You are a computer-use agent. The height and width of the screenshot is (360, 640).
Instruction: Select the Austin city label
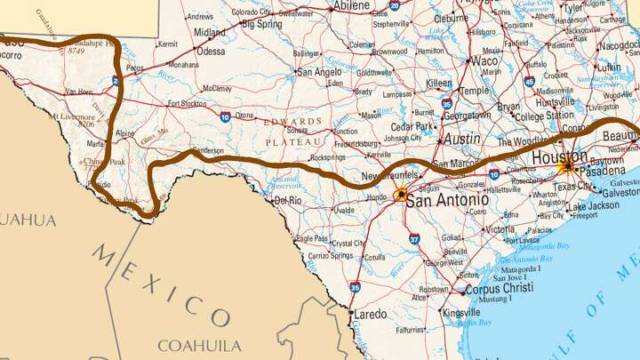(x=462, y=140)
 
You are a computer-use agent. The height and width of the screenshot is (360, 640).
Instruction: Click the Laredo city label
(x=371, y=314)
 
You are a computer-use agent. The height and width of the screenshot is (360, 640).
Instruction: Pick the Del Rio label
(x=289, y=201)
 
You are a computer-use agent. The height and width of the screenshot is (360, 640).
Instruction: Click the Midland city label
(x=210, y=32)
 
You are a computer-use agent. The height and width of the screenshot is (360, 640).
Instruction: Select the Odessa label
(x=211, y=52)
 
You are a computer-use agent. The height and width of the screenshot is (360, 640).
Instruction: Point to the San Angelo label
(x=317, y=71)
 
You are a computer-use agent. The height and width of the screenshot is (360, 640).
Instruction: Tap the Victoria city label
(x=499, y=228)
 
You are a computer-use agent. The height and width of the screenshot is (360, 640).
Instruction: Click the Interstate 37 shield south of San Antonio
(x=414, y=238)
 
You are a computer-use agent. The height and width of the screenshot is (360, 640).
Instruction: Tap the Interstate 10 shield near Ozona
(x=225, y=116)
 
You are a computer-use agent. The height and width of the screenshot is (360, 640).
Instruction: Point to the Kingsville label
(x=461, y=313)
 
